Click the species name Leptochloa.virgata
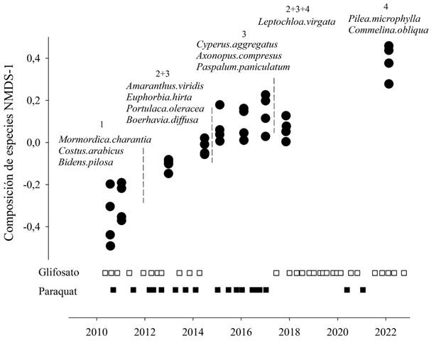click(x=297, y=22)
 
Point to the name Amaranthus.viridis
click(x=164, y=86)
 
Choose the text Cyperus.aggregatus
click(x=238, y=45)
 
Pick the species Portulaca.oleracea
click(x=165, y=109)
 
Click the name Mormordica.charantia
click(x=104, y=139)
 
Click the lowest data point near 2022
click(x=388, y=84)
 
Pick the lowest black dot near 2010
click(x=111, y=246)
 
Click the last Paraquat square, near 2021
click(x=363, y=290)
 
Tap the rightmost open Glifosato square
click(x=404, y=273)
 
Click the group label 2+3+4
click(x=297, y=9)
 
